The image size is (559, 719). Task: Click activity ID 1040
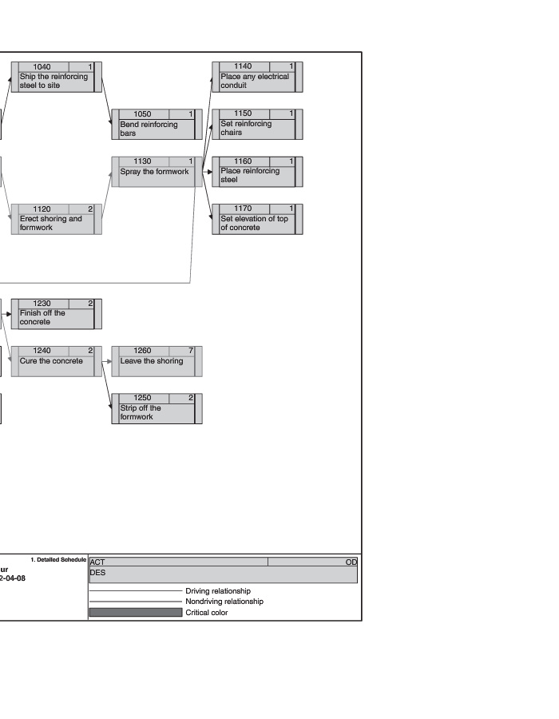tap(42, 66)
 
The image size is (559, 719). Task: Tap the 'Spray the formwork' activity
tap(154, 172)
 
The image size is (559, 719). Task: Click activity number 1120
tap(42, 209)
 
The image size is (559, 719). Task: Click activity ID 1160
tap(243, 161)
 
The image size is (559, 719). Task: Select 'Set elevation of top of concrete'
tap(254, 223)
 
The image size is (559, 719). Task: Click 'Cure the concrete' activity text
tap(51, 361)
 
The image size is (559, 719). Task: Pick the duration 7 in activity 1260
tap(191, 351)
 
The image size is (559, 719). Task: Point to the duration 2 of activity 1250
tap(191, 398)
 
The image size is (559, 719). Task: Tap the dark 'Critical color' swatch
tap(136, 613)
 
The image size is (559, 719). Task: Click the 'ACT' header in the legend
tap(97, 562)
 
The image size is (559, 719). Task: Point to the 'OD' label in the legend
tap(351, 562)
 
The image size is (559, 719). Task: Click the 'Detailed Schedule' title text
tap(61, 559)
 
